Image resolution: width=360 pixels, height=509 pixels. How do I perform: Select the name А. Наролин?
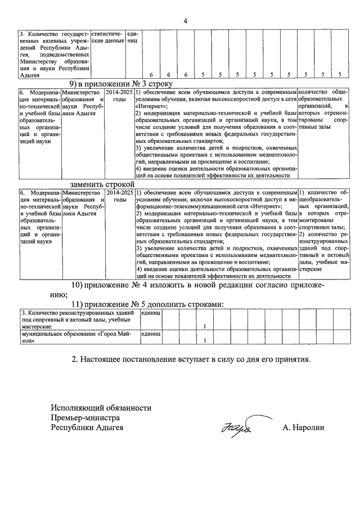(304, 428)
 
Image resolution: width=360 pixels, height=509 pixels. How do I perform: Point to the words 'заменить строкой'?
(102, 184)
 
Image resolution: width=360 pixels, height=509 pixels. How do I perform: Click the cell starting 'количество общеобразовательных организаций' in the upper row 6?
(323, 110)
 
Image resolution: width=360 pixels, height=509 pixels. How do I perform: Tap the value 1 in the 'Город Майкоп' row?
(205, 340)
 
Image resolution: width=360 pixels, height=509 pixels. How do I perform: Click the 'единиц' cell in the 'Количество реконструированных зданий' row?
(151, 313)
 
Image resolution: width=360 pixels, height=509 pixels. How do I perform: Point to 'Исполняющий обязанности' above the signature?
(101, 408)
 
